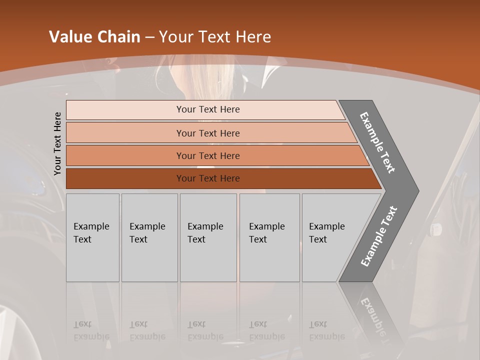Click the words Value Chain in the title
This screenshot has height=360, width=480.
[x=94, y=37]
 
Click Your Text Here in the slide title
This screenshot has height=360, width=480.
[x=215, y=37]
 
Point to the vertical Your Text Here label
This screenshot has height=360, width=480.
[x=57, y=143]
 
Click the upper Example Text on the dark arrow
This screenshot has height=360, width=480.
[x=377, y=142]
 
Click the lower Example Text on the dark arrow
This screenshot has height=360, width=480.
[x=378, y=236]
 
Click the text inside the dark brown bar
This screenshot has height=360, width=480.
[x=208, y=178]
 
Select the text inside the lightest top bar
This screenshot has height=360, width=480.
[x=208, y=109]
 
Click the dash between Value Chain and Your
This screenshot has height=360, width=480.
[x=149, y=37]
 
